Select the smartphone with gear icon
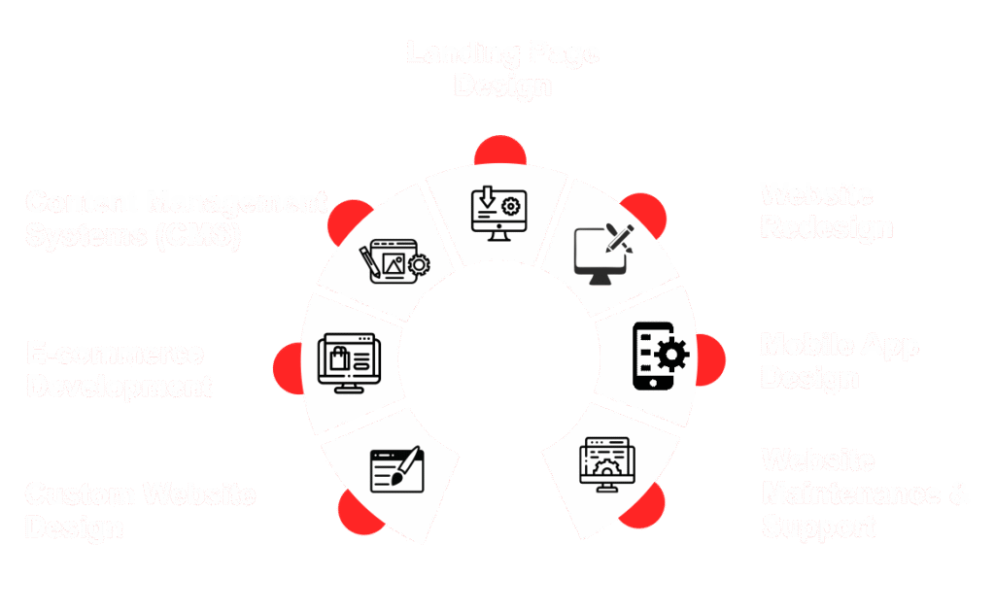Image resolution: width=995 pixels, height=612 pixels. point(659,357)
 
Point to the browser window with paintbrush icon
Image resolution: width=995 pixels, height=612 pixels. point(397,469)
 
